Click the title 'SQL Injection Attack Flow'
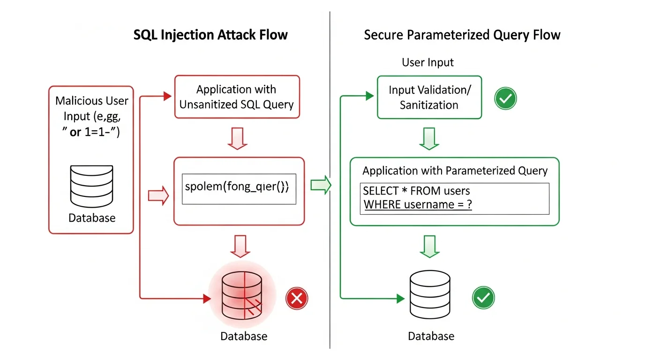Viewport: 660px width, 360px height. click(x=210, y=35)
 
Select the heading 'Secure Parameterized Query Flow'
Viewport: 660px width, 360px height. click(x=462, y=35)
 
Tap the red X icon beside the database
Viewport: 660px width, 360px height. click(x=297, y=298)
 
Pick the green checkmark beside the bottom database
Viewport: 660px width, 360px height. click(x=483, y=298)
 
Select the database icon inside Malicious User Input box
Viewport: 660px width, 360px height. click(x=91, y=186)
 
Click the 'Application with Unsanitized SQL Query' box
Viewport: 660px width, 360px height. click(x=237, y=97)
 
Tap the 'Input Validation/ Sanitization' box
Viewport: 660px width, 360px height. click(x=429, y=97)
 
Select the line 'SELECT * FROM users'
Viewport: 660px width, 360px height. click(x=416, y=191)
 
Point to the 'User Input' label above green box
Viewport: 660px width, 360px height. click(x=427, y=62)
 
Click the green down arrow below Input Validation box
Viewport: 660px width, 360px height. click(x=429, y=139)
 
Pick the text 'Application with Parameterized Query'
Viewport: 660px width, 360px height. click(x=455, y=171)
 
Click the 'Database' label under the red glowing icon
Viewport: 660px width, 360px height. click(x=244, y=336)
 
